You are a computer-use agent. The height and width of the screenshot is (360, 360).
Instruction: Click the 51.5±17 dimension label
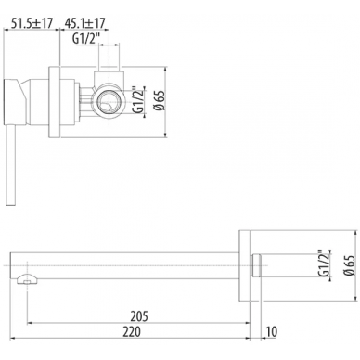click(x=32, y=23)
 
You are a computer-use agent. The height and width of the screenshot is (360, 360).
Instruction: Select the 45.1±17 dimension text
click(x=84, y=23)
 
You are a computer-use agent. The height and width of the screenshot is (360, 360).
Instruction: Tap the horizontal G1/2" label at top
click(x=87, y=39)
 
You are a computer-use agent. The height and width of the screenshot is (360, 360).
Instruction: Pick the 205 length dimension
click(x=139, y=316)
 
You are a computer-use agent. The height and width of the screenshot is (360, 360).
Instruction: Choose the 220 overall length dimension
click(x=132, y=331)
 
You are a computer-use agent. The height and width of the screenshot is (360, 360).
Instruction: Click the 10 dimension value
click(x=272, y=331)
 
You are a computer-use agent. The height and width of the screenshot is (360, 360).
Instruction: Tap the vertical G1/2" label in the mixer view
click(x=138, y=100)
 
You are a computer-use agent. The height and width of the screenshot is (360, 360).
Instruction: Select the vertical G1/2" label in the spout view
click(x=323, y=264)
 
